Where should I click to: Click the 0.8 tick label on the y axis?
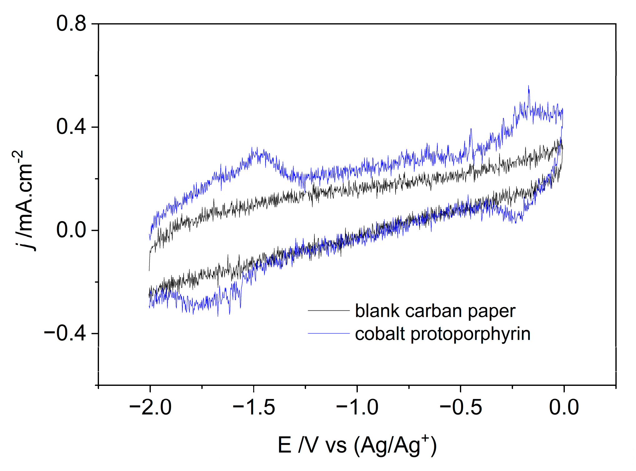[x=71, y=24]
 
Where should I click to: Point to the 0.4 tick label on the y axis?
[x=71, y=127]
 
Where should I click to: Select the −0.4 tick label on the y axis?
[x=65, y=333]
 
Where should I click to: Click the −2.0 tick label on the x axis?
[x=150, y=407]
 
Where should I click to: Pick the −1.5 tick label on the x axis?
[x=254, y=407]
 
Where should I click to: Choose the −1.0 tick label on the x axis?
[x=357, y=407]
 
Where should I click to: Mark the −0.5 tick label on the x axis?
[x=461, y=407]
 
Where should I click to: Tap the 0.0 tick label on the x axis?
[x=564, y=407]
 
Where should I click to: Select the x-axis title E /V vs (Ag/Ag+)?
[x=357, y=445]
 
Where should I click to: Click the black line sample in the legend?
[x=328, y=311]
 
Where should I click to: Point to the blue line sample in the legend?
[x=328, y=333]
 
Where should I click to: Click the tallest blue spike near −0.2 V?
[x=529, y=86]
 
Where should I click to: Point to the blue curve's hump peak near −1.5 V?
[x=257, y=148]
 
